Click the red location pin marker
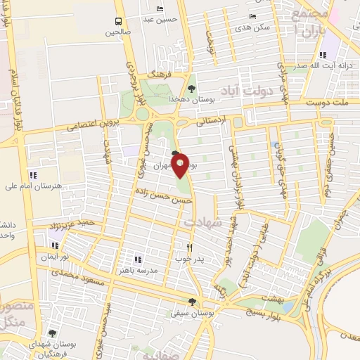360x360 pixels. click(x=180, y=165)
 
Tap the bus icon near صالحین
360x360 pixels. click(x=117, y=21)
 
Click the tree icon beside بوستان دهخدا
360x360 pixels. click(x=191, y=89)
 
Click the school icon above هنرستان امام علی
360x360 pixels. click(x=32, y=174)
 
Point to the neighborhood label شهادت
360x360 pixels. click(x=202, y=221)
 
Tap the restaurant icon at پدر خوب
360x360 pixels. click(x=189, y=247)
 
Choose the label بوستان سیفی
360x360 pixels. click(x=191, y=314)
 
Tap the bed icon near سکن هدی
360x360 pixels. click(x=252, y=16)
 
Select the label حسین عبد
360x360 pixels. click(x=158, y=20)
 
